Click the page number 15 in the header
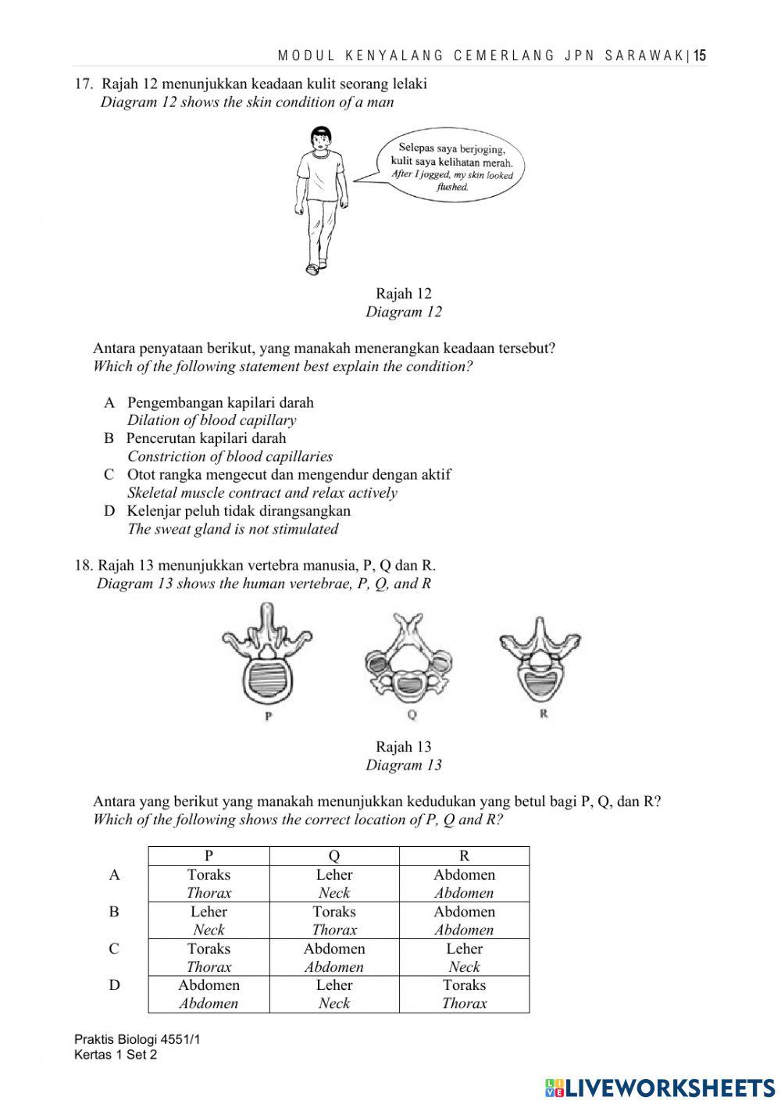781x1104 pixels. [x=700, y=55]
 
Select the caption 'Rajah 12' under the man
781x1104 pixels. [x=403, y=294]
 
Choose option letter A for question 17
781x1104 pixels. [x=109, y=402]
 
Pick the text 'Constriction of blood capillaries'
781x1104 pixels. [x=230, y=456]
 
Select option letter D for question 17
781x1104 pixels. [x=109, y=511]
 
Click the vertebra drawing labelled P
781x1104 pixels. [x=267, y=656]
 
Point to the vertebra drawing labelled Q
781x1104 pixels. [x=408, y=656]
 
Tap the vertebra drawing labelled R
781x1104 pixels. [x=540, y=656]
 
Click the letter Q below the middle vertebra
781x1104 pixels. [x=412, y=714]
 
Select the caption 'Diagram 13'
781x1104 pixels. [x=403, y=765]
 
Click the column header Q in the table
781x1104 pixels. [x=334, y=856]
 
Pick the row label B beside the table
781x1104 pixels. [x=114, y=912]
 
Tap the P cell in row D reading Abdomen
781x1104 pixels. [x=209, y=994]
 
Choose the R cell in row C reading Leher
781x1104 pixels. [x=464, y=957]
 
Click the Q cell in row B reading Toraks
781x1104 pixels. [x=334, y=920]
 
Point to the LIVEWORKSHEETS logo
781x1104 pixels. [x=660, y=1087]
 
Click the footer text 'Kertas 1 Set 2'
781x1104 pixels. [x=116, y=1055]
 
